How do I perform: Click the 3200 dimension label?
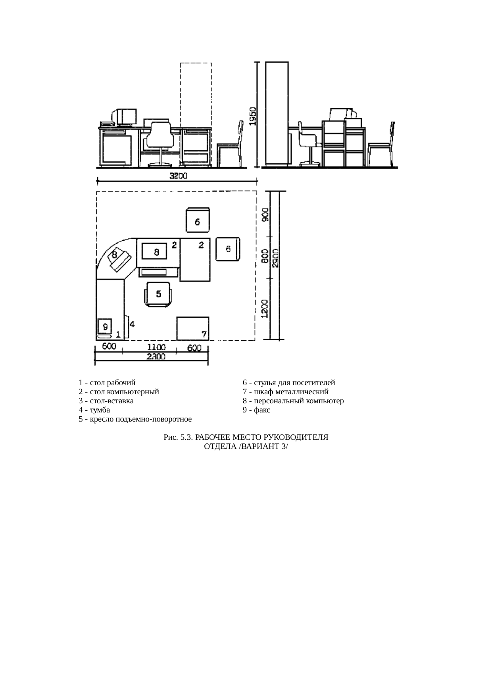(178, 176)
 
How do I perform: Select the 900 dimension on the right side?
(265, 214)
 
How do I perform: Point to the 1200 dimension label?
(265, 308)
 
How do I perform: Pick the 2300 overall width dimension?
(156, 357)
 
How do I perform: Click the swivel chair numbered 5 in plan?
(158, 294)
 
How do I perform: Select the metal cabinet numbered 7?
(193, 328)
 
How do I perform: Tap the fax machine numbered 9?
(105, 328)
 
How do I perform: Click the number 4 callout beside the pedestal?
(132, 324)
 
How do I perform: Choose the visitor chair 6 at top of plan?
(198, 220)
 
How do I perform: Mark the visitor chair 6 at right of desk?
(228, 249)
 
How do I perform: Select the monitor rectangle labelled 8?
(157, 252)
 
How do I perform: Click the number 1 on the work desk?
(118, 335)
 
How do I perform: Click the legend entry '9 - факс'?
(256, 410)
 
